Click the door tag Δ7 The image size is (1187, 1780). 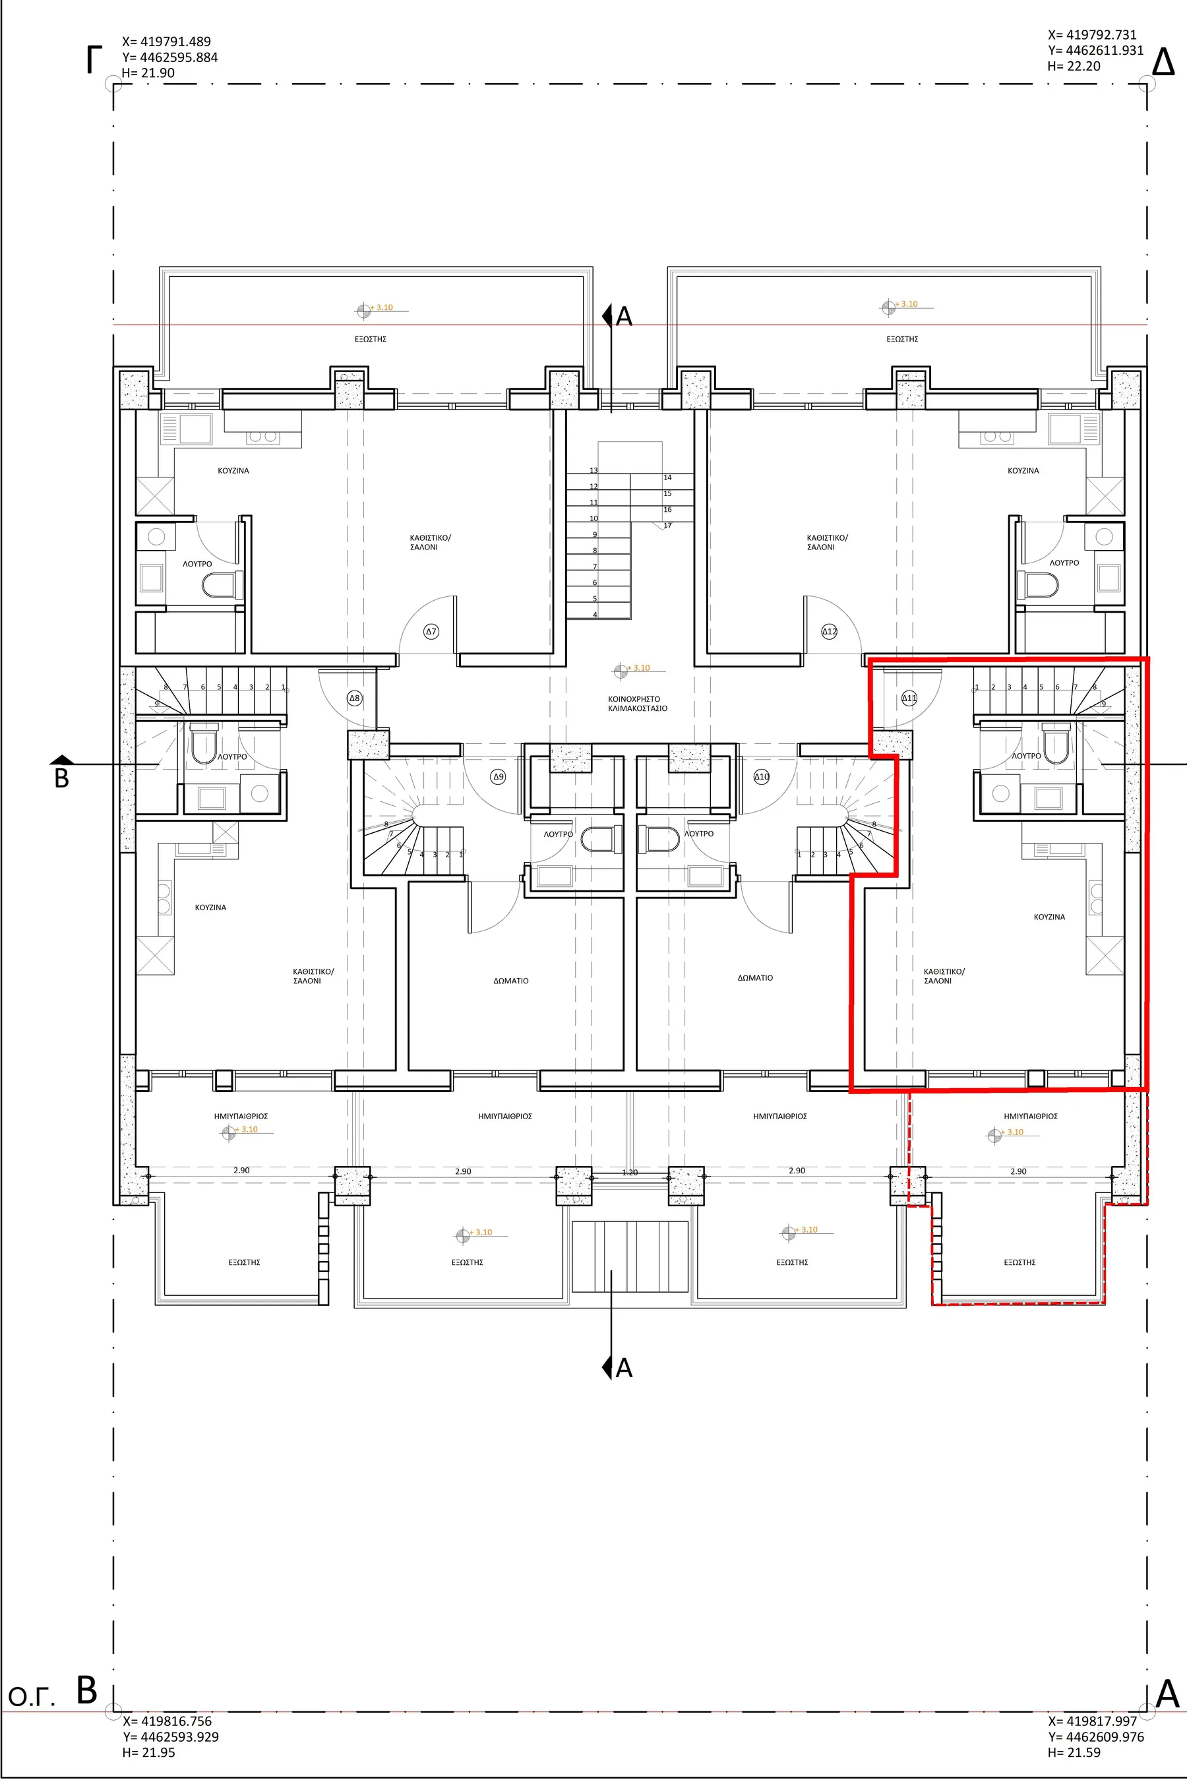431,630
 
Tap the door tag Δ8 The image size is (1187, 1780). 354,698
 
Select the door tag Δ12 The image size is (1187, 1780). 830,631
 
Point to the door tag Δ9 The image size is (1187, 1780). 498,776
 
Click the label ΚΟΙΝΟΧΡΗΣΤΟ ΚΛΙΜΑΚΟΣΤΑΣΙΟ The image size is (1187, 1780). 638,704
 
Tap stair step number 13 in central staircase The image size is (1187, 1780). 594,470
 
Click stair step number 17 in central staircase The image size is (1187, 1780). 667,526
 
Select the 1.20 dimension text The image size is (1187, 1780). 630,1172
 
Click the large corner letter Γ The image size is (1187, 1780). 94,60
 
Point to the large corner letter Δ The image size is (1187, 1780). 1163,62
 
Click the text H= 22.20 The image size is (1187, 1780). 1074,66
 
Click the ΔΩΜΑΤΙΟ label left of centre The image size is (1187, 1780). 511,981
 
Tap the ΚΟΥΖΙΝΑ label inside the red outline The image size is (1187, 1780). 1049,917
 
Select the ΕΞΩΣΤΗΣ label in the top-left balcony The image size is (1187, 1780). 371,339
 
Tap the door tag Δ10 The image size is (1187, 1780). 762,776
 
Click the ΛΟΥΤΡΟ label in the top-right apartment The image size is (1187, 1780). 1064,563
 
